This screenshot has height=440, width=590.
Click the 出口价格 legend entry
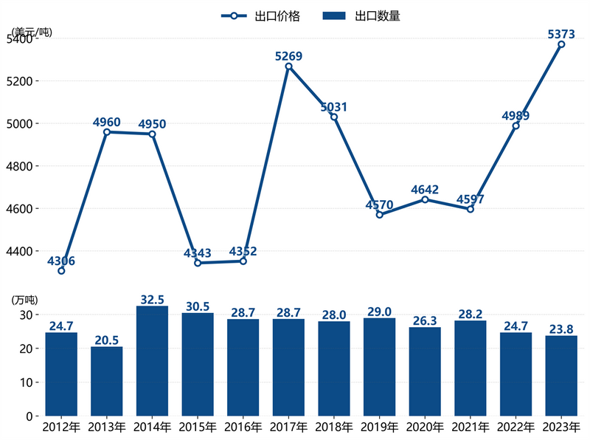261,16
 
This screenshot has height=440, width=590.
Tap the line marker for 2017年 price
288,66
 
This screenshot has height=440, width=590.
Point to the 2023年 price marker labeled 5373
561,44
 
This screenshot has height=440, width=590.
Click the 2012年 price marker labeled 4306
61,271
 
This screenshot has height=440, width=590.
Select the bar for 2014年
152,361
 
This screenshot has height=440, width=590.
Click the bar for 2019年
379,367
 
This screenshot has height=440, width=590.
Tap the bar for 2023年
561,376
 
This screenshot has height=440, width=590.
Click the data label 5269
288,56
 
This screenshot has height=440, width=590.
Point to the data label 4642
425,190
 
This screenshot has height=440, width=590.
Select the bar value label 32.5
152,300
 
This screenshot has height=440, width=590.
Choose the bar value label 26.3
425,320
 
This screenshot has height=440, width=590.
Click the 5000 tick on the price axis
24,123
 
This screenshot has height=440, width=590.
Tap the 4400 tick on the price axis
24,252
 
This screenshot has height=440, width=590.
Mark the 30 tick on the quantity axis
27,314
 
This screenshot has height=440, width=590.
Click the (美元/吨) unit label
32,32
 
